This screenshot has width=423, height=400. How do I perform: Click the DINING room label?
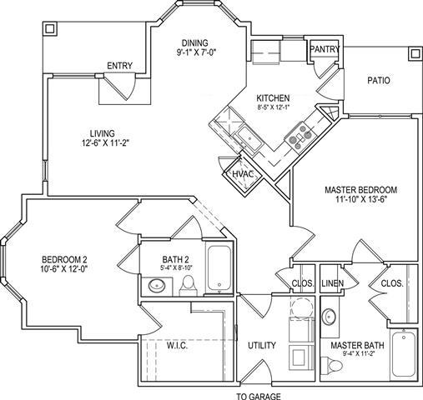(195, 43)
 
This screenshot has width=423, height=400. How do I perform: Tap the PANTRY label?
(325, 49)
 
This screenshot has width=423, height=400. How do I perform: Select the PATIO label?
(379, 81)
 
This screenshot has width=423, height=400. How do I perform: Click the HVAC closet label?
(243, 174)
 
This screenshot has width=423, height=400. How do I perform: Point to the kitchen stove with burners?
(300, 137)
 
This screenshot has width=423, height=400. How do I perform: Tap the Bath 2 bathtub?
(219, 268)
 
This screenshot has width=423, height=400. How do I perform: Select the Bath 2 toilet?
(188, 286)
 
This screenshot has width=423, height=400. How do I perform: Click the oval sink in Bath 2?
(157, 285)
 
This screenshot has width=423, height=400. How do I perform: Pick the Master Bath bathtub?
(404, 355)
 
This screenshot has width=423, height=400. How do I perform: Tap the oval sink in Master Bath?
(330, 317)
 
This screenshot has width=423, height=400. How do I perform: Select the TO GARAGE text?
(259, 397)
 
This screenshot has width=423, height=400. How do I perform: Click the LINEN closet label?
(333, 283)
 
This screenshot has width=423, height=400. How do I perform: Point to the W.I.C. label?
(177, 346)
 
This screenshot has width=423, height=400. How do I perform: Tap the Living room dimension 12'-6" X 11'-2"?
(106, 143)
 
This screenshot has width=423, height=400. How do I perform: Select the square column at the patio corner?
(415, 53)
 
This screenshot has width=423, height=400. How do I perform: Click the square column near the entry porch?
(50, 28)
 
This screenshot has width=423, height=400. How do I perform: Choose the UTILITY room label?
(262, 345)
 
